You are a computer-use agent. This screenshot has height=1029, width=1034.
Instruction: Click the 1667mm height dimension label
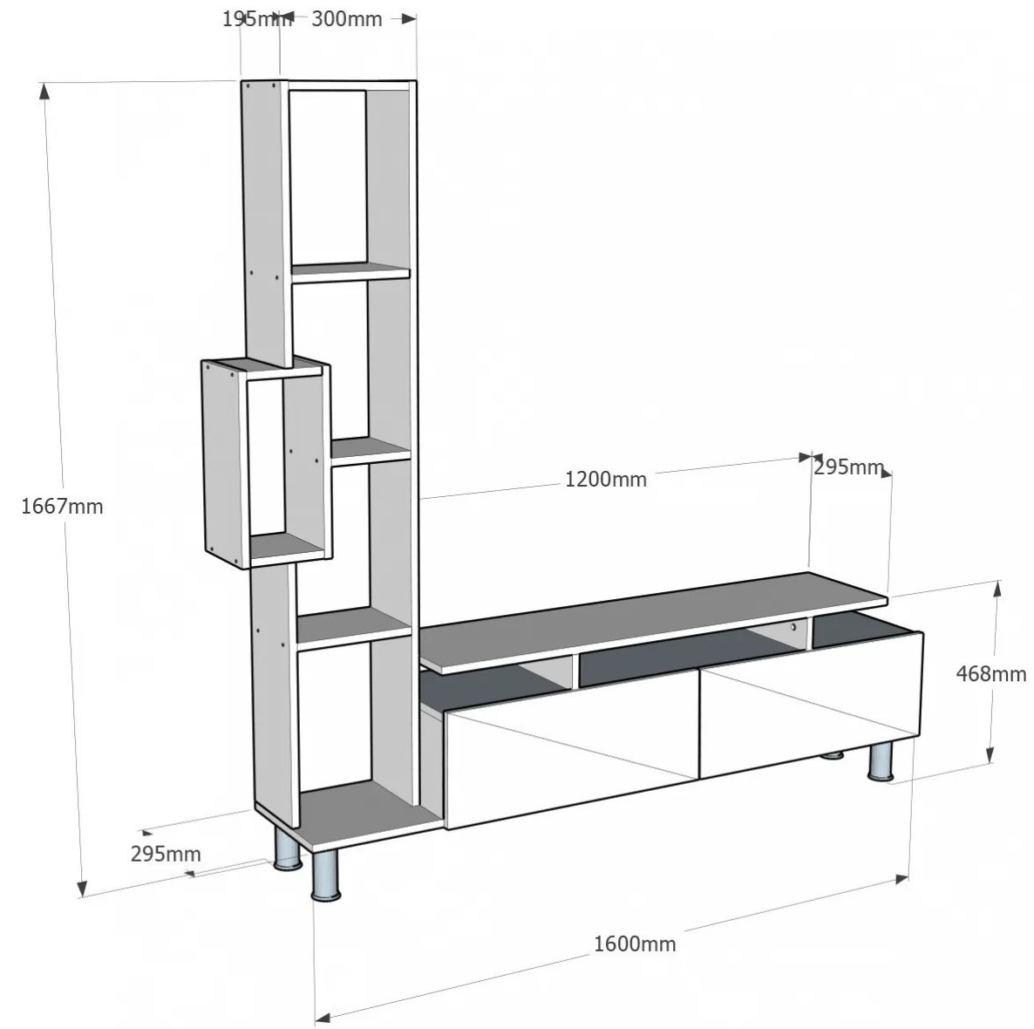(x=62, y=506)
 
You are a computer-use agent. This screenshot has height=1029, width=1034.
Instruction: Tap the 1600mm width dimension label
(x=635, y=944)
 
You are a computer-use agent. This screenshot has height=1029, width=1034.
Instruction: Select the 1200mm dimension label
(x=605, y=479)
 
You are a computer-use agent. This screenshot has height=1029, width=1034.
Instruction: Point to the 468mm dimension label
(x=991, y=673)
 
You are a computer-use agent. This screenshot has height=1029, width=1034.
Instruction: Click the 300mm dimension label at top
(x=346, y=19)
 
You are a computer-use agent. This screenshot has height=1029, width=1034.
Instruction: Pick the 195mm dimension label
(x=255, y=19)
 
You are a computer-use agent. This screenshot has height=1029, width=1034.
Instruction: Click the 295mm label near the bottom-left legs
(x=166, y=854)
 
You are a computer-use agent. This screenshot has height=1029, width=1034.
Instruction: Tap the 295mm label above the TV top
(x=848, y=467)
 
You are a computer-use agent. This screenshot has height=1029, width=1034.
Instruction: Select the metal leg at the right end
(x=881, y=762)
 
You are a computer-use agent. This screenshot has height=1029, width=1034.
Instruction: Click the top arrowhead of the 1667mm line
(x=44, y=91)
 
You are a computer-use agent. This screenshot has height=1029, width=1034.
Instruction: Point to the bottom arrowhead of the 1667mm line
(x=82, y=888)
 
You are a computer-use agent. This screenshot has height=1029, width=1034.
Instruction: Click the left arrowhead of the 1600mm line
(x=323, y=1018)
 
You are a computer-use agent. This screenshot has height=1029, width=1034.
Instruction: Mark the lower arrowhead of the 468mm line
(x=990, y=754)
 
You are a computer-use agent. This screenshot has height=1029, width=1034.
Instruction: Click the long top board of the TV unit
(x=653, y=622)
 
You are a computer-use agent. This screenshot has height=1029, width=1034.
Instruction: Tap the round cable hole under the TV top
(x=794, y=627)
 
